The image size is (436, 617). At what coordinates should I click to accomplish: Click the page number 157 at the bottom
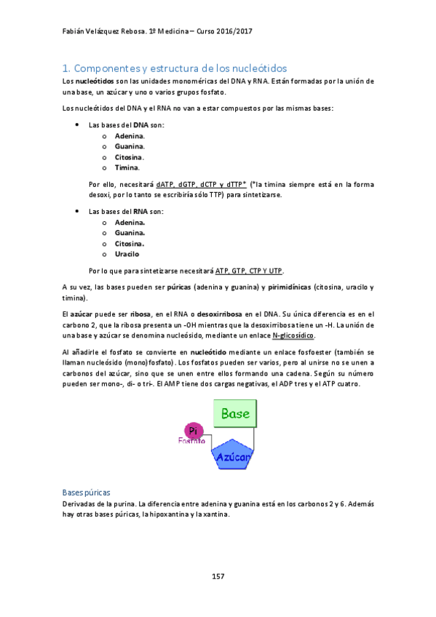[218, 576]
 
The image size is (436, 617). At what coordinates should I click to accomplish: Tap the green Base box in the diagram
[235, 415]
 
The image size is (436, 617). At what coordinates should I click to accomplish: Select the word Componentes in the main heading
[108, 68]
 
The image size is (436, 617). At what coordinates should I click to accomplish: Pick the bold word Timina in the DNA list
[127, 167]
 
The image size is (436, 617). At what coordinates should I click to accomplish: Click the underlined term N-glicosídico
[293, 335]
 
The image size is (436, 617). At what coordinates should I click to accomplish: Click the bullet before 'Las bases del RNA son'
[77, 211]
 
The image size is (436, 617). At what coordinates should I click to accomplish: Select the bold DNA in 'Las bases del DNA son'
[140, 124]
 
